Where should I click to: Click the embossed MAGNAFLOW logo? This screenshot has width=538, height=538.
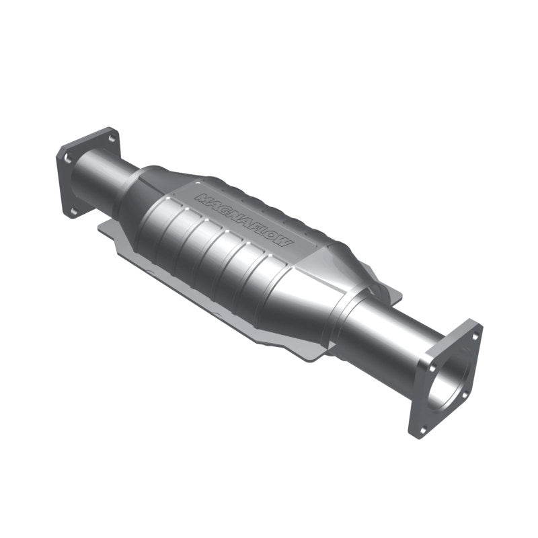click(243, 219)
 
